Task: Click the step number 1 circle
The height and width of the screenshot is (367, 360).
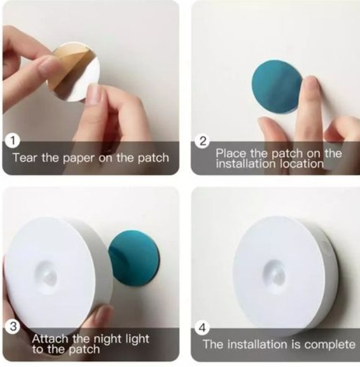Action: tap(13, 141)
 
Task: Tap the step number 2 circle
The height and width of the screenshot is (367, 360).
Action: tap(203, 141)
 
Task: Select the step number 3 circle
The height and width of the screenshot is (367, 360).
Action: tap(13, 326)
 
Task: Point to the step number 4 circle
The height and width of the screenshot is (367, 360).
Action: tap(202, 328)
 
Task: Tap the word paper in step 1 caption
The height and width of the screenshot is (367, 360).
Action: tap(79, 158)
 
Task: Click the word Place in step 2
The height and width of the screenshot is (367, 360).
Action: tap(231, 153)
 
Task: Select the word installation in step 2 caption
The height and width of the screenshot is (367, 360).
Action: tap(246, 164)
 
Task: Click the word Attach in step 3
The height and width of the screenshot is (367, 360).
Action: tap(50, 338)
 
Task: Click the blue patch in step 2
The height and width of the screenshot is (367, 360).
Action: tap(277, 87)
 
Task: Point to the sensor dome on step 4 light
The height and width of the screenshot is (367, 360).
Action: tap(275, 273)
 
